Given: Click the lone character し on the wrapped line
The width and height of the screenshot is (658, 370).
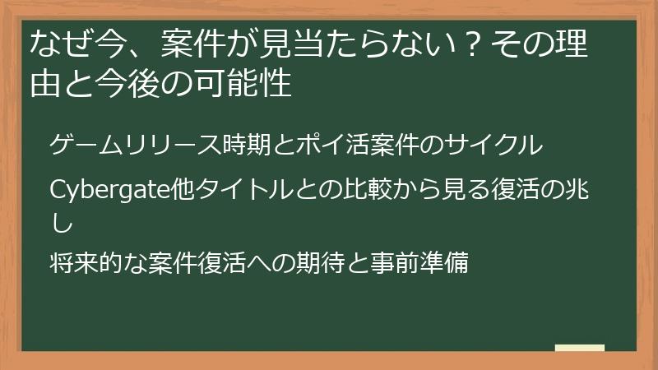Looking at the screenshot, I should click(60, 222).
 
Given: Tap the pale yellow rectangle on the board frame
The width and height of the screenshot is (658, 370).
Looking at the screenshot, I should click(579, 348).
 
